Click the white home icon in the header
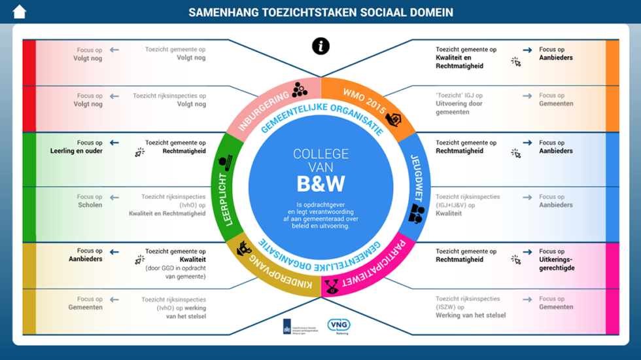tap(19, 12)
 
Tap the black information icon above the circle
tap(320, 46)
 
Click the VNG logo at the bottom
tap(339, 325)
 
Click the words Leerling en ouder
tap(77, 151)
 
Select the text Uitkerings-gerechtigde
tap(557, 263)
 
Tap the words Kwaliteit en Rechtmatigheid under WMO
tap(459, 61)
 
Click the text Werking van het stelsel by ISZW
tap(471, 315)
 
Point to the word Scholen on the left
tap(90, 205)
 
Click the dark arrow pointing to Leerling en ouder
tap(114, 143)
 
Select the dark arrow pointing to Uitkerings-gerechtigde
tap(527, 251)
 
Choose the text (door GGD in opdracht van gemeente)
tap(176, 272)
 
